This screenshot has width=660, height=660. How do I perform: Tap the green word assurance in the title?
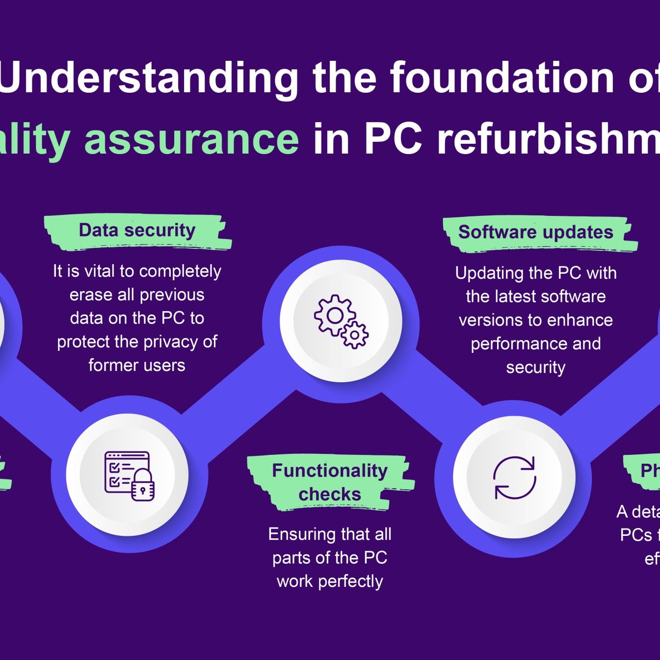point(191,139)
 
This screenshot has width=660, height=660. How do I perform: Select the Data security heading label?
point(137,230)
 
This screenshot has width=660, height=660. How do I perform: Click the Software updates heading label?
point(535,232)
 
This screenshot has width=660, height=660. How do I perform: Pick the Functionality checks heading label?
point(330,482)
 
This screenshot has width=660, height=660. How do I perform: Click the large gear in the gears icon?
point(335,316)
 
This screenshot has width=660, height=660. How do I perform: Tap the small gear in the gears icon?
point(355,335)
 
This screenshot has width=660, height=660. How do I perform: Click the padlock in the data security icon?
point(143,486)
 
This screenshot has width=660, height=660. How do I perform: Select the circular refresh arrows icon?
point(514,477)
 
